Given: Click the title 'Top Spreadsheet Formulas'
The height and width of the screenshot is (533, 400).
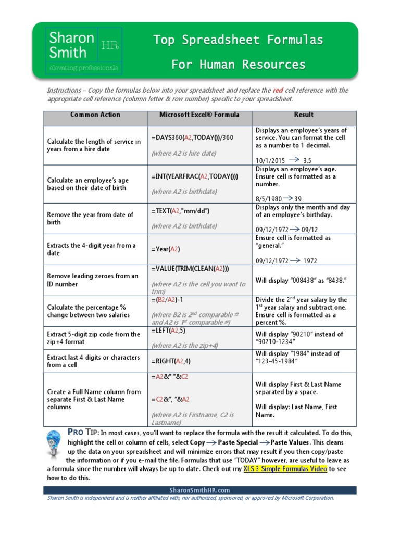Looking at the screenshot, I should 238,40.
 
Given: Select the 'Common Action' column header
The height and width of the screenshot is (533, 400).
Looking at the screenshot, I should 95,115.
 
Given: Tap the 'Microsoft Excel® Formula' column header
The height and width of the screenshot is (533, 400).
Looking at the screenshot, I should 199,115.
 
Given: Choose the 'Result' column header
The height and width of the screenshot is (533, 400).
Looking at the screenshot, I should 304,115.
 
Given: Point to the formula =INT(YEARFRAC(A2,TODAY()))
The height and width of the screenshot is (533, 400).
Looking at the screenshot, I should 195,176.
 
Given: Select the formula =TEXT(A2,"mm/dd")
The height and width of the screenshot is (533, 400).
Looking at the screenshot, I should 181,211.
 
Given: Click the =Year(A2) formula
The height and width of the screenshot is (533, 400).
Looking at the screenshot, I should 166,249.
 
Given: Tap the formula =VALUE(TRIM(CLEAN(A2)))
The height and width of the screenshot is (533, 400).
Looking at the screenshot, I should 190,269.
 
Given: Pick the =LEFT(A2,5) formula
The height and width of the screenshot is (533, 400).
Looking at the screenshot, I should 169,331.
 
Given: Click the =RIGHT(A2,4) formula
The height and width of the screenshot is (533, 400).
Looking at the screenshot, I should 171,361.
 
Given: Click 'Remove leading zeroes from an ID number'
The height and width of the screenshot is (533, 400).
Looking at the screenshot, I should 93,280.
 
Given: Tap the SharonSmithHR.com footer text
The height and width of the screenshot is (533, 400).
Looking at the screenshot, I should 199,490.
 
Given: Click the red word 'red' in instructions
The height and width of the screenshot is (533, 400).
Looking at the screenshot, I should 278,90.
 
